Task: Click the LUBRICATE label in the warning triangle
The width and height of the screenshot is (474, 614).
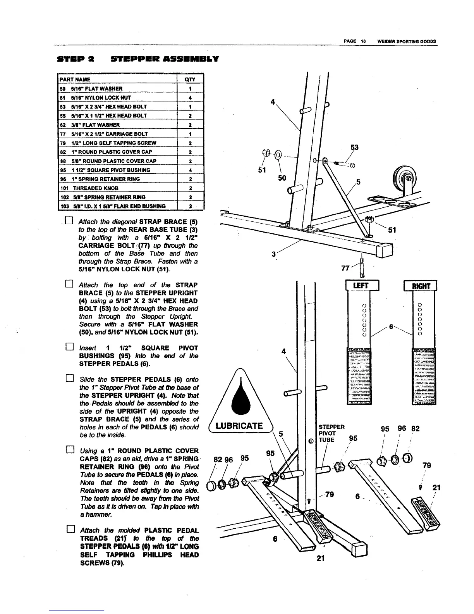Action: point(239,426)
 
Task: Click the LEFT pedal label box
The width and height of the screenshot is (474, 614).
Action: point(362,286)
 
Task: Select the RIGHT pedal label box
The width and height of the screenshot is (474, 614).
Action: point(420,286)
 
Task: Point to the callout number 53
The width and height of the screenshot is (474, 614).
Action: point(354,147)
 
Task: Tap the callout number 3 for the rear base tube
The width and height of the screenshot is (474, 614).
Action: point(273,254)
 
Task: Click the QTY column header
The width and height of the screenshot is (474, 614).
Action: point(190,79)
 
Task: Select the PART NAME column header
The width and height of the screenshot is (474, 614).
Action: point(75,79)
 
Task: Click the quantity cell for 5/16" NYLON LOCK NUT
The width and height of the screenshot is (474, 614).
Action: point(190,98)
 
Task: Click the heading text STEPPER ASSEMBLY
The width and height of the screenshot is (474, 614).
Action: point(165,59)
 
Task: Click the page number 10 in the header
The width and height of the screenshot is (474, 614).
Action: point(363,41)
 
